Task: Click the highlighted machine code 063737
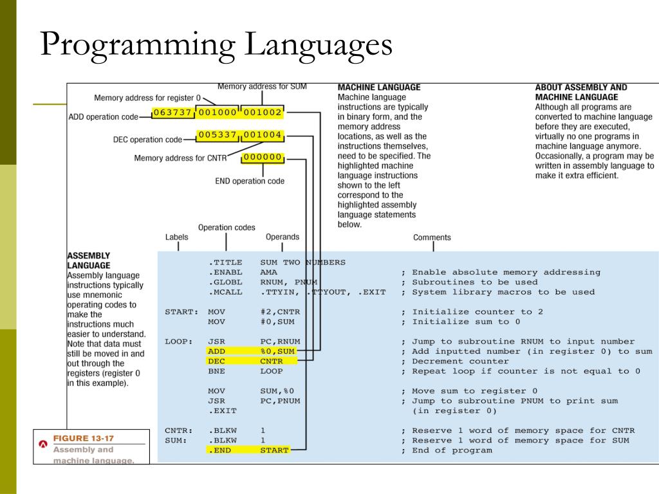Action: tap(172, 113)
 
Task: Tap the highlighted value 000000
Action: tap(263, 157)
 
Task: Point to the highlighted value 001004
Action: tap(262, 135)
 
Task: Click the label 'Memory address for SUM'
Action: tap(262, 86)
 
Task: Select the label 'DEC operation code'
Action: tap(147, 139)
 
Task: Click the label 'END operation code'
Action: tap(250, 181)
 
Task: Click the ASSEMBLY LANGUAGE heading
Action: tap(88, 260)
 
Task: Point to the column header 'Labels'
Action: tap(177, 237)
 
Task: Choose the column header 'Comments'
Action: tap(432, 237)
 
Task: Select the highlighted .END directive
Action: tap(219, 450)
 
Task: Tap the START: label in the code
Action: tap(180, 312)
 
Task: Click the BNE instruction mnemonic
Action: tap(216, 371)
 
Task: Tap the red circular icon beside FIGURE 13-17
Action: tap(44, 444)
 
